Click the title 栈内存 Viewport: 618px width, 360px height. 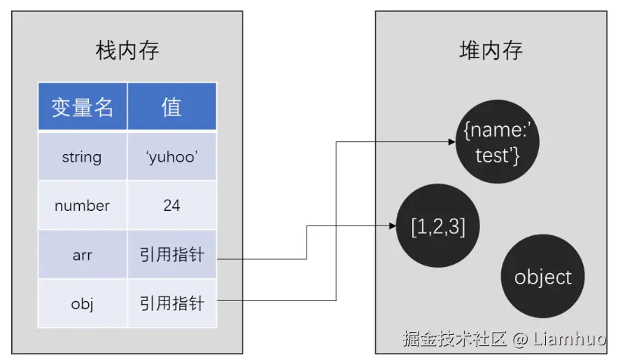pyautogui.click(x=127, y=51)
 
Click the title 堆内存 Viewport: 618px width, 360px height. pyautogui.click(x=491, y=51)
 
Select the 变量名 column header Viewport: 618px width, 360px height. pyautogui.click(x=83, y=106)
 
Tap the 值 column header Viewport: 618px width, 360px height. pyautogui.click(x=171, y=106)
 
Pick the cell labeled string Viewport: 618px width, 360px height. pyautogui.click(x=82, y=156)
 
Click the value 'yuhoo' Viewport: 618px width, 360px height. pyautogui.click(x=171, y=156)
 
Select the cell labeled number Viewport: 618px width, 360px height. pyautogui.click(x=82, y=205)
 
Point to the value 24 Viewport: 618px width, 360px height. pyautogui.click(x=171, y=205)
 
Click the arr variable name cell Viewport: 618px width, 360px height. pyautogui.click(x=82, y=254)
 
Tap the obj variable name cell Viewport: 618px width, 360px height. pyautogui.click(x=82, y=303)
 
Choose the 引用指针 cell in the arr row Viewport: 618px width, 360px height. pyautogui.click(x=171, y=254)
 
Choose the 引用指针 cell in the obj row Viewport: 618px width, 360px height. pyautogui.click(x=171, y=303)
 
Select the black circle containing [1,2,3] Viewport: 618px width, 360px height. pyautogui.click(x=438, y=227)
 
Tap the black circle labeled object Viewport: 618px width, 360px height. pyautogui.click(x=542, y=277)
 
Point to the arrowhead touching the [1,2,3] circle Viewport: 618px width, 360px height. pyautogui.click(x=393, y=226)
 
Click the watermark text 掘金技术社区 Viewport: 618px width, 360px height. pyautogui.click(x=454, y=340)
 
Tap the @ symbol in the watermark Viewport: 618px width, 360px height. pyautogui.click(x=519, y=340)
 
